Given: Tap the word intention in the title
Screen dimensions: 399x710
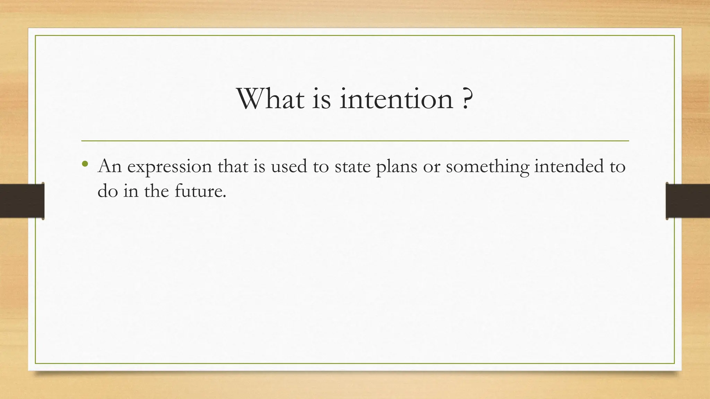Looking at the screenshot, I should click(396, 99).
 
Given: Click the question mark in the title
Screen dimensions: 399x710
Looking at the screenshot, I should click(467, 99).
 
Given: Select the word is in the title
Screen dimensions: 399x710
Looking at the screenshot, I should click(321, 99).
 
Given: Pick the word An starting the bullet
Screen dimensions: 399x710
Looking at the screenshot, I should click(110, 166).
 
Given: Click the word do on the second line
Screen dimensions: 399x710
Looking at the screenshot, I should click(108, 191).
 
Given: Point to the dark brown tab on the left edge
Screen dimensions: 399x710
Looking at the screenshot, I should click(22, 201).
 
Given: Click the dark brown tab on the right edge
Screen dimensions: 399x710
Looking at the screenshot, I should click(688, 201).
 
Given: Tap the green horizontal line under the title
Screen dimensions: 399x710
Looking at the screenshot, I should click(355, 141).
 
